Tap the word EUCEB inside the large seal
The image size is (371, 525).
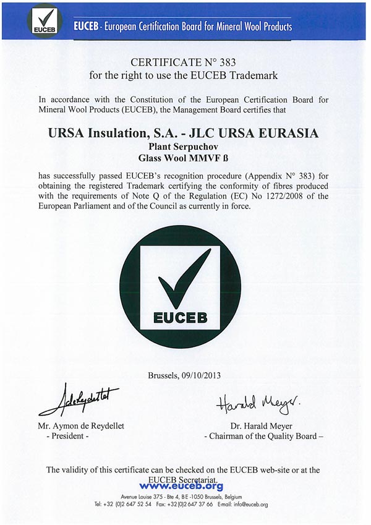pos(184,320)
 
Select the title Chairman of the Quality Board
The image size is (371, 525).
pos(263,437)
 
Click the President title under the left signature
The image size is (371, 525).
pos(68,437)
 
